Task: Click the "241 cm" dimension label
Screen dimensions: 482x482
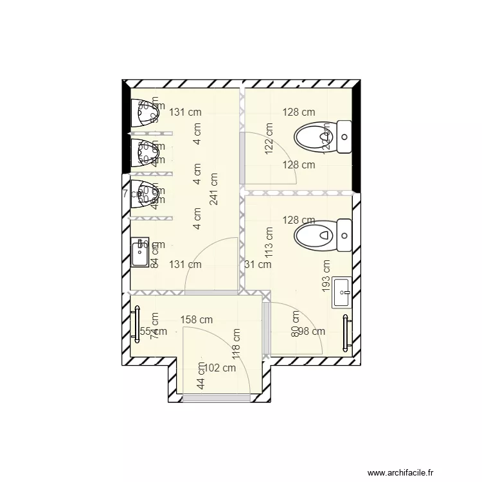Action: (x=213, y=188)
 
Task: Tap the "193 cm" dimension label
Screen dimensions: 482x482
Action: (x=326, y=274)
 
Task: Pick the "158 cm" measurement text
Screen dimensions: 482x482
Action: (x=196, y=319)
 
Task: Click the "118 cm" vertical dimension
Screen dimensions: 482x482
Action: (x=237, y=344)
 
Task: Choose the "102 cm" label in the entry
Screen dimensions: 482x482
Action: (x=219, y=368)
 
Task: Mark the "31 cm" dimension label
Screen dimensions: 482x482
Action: (x=258, y=264)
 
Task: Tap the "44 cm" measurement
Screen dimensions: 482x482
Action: (x=201, y=376)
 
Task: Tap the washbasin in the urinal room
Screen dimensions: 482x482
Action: (x=140, y=252)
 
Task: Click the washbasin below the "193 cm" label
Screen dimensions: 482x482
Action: (x=342, y=293)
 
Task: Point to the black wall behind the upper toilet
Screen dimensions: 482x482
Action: (x=357, y=138)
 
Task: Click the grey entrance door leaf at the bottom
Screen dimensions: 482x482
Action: (x=216, y=399)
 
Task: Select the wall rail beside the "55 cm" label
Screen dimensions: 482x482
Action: (x=137, y=328)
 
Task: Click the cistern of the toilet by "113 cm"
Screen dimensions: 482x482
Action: (x=345, y=235)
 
